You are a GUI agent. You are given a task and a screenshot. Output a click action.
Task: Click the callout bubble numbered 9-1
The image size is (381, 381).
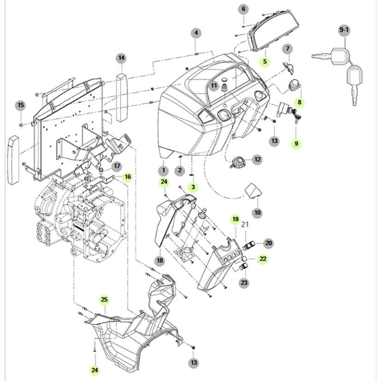tap(345, 31)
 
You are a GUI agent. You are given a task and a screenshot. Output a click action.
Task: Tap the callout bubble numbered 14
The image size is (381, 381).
tap(121, 58)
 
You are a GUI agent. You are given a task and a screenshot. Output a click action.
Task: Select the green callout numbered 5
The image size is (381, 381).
tap(265, 61)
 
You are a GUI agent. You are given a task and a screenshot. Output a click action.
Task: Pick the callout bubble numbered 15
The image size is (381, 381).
tap(20, 106)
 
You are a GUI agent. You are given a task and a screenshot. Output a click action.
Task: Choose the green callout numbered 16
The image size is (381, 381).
tap(127, 176)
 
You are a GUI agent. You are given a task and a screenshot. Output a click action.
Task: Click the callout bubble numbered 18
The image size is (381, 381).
tap(160, 261)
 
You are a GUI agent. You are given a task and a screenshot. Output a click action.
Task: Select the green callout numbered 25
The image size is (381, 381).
tap(104, 300)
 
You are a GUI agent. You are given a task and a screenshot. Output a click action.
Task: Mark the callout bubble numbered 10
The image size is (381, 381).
tap(257, 213)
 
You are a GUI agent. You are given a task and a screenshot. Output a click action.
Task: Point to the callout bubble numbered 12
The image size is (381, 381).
tap(257, 160)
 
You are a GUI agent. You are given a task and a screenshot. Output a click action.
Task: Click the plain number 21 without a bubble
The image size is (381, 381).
tap(245, 225)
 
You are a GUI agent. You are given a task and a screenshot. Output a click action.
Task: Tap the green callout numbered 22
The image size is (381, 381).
tap(263, 259)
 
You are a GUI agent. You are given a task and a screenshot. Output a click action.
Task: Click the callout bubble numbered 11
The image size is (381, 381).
tap(213, 85)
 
